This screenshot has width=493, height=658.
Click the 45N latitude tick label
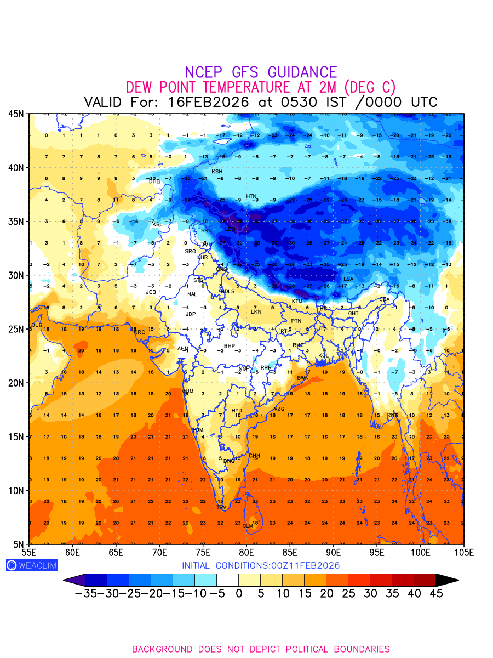click(x=15, y=114)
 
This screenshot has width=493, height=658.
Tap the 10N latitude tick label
click(x=15, y=490)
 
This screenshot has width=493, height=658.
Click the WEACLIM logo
click(x=32, y=565)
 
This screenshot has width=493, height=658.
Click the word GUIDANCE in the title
click(x=302, y=72)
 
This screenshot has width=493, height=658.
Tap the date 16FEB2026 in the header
click(x=209, y=102)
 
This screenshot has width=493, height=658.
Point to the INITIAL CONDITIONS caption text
click(x=261, y=565)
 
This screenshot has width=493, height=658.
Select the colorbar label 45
click(x=436, y=593)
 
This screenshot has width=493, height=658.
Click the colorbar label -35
click(x=85, y=593)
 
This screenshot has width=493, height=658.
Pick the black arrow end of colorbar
click(x=447, y=580)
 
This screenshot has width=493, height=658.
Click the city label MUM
click(x=187, y=392)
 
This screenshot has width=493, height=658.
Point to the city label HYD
click(x=237, y=411)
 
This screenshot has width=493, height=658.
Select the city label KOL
click(x=323, y=356)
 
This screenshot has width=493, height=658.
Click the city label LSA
click(x=348, y=279)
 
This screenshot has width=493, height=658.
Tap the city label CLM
click(x=248, y=526)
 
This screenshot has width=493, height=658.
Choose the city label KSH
click(x=217, y=172)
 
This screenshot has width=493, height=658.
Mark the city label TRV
click(x=221, y=507)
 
